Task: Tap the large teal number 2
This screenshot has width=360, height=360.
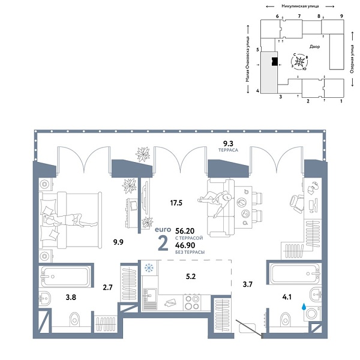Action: coord(162,244)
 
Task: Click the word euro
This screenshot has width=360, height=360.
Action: coord(163,229)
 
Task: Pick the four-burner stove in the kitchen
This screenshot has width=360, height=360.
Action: coord(192,301)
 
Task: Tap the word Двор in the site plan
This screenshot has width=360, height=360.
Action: coord(315,46)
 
